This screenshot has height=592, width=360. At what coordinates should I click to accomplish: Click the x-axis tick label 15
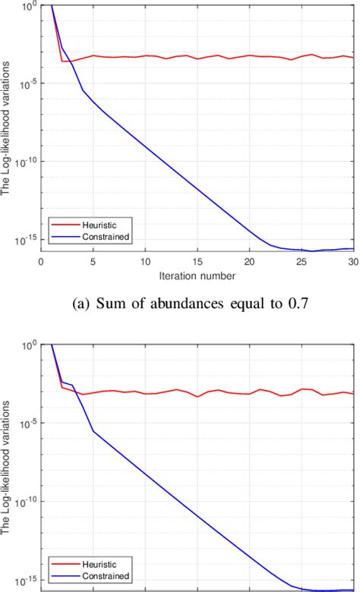(x=197, y=262)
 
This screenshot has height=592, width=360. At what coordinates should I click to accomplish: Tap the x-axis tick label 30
(x=352, y=262)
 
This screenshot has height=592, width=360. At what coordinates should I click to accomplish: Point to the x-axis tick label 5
(x=93, y=262)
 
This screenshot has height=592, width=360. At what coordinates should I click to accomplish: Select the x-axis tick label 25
(x=302, y=262)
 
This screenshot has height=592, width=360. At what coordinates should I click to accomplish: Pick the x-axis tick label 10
(x=145, y=262)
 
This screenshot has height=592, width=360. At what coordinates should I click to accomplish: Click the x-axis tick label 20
(x=249, y=262)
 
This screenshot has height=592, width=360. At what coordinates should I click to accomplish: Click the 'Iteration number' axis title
(x=197, y=275)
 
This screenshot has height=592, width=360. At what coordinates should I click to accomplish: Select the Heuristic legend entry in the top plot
(x=94, y=224)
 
